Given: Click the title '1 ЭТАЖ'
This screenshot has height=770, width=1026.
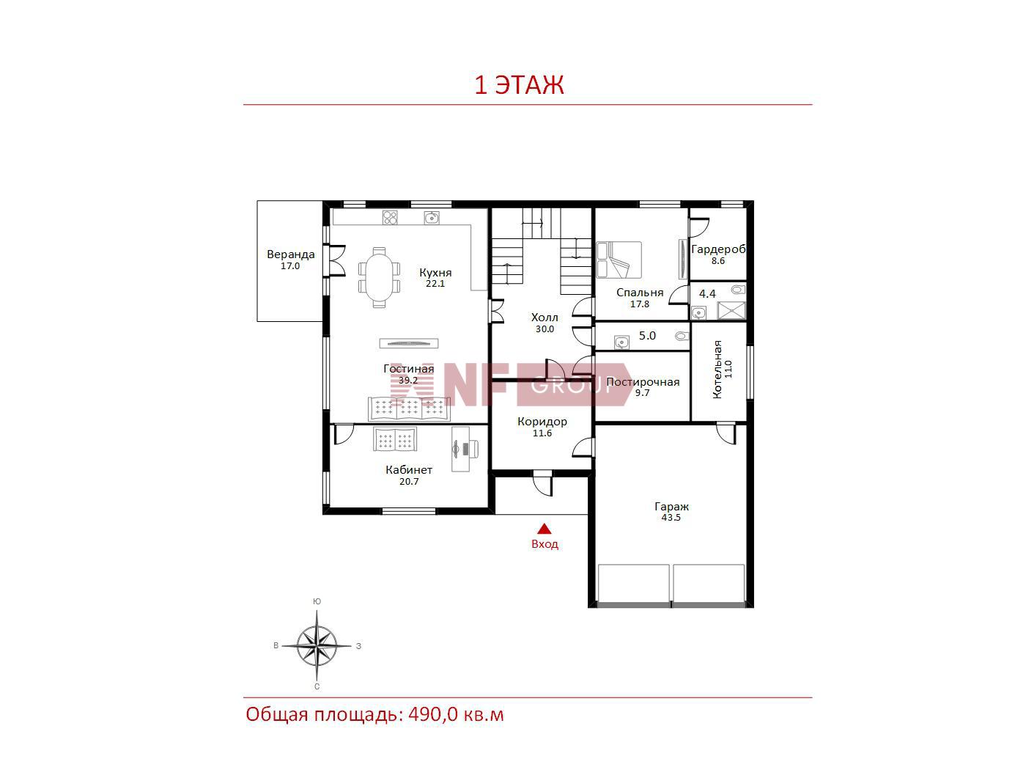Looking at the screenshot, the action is click(x=519, y=85).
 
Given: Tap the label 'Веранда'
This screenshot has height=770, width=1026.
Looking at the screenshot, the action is click(x=290, y=254).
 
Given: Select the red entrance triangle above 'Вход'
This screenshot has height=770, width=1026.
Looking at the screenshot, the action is click(x=544, y=529).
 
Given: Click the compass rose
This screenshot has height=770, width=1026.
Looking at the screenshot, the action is click(x=317, y=645).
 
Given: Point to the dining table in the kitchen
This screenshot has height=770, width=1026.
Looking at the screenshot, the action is click(x=379, y=277).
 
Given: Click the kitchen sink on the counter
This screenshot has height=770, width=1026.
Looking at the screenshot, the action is click(x=432, y=217).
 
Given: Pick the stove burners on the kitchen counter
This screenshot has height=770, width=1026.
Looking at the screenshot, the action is click(x=390, y=217).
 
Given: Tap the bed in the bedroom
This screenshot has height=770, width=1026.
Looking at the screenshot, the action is click(x=619, y=260).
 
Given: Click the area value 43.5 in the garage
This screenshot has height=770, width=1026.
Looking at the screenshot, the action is click(x=671, y=518).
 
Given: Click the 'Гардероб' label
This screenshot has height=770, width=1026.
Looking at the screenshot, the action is click(x=718, y=249).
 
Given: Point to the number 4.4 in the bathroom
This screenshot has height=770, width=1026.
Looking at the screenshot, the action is click(x=707, y=293).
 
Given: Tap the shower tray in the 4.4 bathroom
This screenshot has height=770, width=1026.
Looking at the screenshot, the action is click(x=731, y=310).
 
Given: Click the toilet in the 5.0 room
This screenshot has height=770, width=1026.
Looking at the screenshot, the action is click(x=682, y=336).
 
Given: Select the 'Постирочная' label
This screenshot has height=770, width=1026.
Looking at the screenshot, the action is click(x=643, y=382).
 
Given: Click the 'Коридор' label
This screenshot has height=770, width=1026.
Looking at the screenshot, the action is click(x=542, y=421).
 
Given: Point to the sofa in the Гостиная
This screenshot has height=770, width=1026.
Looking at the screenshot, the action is click(x=409, y=409).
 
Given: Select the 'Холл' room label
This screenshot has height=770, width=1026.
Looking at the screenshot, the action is click(x=545, y=318).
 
